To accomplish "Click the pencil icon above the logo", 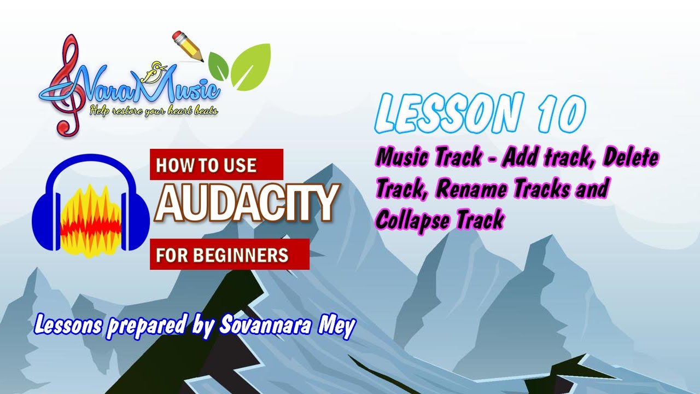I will (187, 45).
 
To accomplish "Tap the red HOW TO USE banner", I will (217, 165).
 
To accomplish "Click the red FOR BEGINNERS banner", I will (230, 254).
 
